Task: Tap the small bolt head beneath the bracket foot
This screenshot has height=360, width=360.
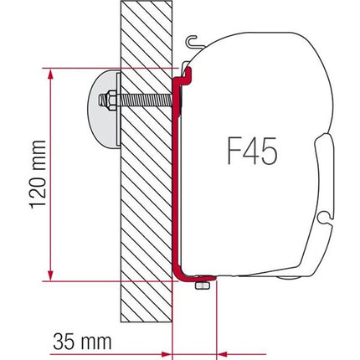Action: [202, 287]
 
